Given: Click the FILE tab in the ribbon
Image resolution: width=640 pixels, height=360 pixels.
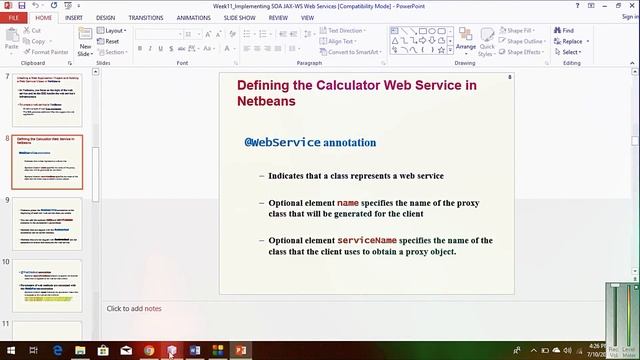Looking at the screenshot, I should coord(14,17).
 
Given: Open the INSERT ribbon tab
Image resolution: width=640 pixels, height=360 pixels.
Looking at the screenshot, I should coord(74,17).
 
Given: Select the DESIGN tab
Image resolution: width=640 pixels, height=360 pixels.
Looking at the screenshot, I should coord(105,17).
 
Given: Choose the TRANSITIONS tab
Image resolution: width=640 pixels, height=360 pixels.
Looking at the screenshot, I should coord(146,17).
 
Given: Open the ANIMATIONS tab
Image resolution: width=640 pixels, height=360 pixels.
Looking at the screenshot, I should coord(193,17).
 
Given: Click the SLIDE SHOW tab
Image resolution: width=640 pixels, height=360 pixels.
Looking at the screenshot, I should coord(239,17).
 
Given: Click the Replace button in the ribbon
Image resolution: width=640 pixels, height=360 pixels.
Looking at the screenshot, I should coord(569,42).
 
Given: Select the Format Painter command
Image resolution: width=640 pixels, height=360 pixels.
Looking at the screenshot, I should coord(47,52).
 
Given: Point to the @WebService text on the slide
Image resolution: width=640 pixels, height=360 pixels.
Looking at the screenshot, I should coord(283,143).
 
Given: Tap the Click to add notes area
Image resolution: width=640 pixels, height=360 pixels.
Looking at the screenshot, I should coord(134,308).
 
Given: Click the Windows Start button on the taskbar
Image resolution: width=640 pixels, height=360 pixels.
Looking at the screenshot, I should coord(11,351).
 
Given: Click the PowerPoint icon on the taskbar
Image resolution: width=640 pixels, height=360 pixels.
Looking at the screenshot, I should coord(240,351).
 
